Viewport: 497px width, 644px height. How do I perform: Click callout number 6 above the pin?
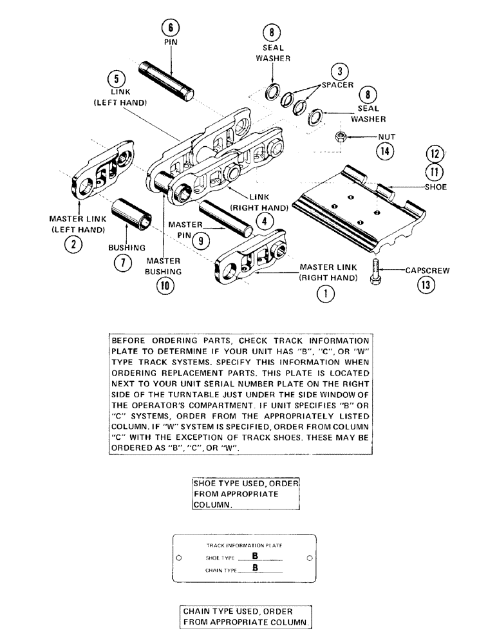point(171,27)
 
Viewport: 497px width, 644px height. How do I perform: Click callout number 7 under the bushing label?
point(122,262)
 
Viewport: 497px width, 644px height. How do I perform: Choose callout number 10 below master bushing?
point(166,287)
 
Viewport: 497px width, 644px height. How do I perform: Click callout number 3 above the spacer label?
point(341,72)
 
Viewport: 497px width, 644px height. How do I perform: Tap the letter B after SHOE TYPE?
point(255,557)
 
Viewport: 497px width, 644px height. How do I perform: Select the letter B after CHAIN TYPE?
point(255,569)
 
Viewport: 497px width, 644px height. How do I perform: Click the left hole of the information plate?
point(180,558)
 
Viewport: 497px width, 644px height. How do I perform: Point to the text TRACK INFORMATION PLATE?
point(245,545)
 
